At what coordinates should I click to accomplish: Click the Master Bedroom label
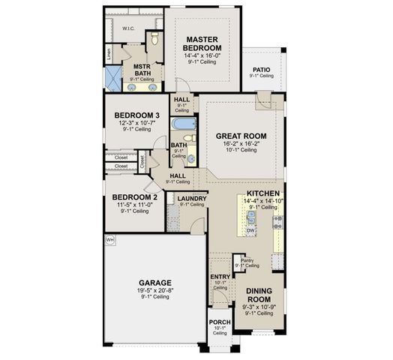click(x=201, y=43)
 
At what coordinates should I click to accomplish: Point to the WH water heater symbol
click(x=110, y=240)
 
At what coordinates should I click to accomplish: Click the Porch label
click(x=218, y=322)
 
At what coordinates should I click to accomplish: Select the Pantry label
click(x=247, y=260)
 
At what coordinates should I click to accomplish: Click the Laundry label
click(x=192, y=199)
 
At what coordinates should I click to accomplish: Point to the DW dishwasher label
click(x=251, y=230)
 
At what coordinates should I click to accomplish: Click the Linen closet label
click(x=109, y=55)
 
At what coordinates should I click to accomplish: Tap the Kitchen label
click(x=263, y=193)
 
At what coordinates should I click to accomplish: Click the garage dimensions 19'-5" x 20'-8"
click(x=155, y=290)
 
